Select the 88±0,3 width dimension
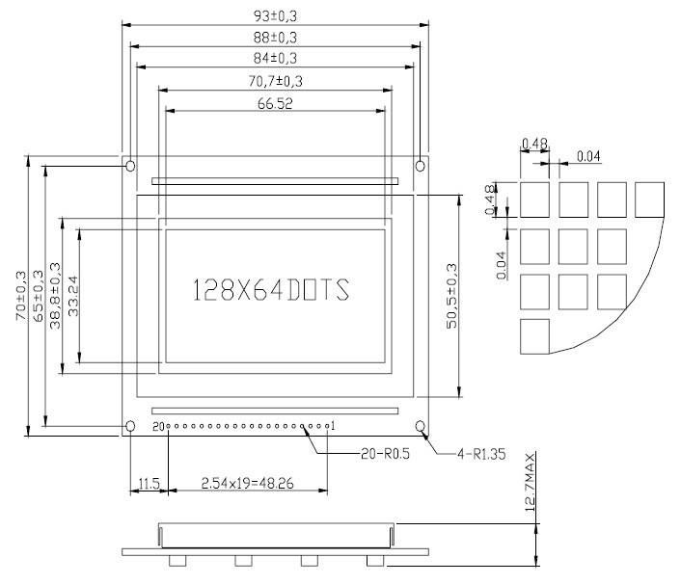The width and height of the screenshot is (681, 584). tap(274, 37)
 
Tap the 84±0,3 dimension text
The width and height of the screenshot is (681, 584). tap(274, 59)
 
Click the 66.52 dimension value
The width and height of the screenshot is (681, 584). tap(275, 104)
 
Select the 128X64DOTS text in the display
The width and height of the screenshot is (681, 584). tap(271, 290)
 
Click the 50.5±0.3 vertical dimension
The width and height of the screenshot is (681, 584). tap(450, 296)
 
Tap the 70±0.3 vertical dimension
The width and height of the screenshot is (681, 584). tap(21, 299)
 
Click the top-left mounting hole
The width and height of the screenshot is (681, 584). tap(130, 166)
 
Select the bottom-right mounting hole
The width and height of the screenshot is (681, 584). tap(420, 426)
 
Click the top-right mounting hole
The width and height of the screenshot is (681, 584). tap(420, 166)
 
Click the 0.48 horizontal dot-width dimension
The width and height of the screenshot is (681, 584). tap(534, 145)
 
